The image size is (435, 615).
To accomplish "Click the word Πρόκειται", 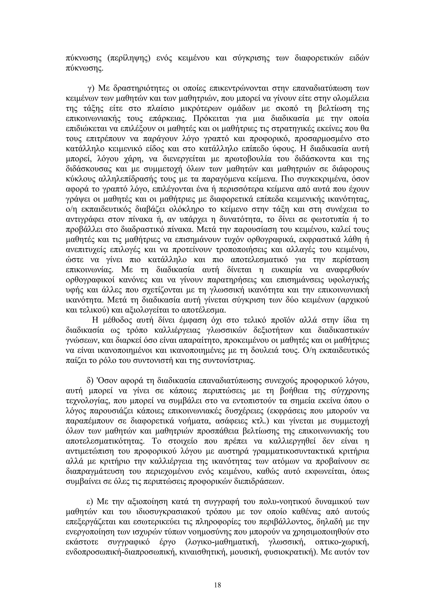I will coord(211,119).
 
